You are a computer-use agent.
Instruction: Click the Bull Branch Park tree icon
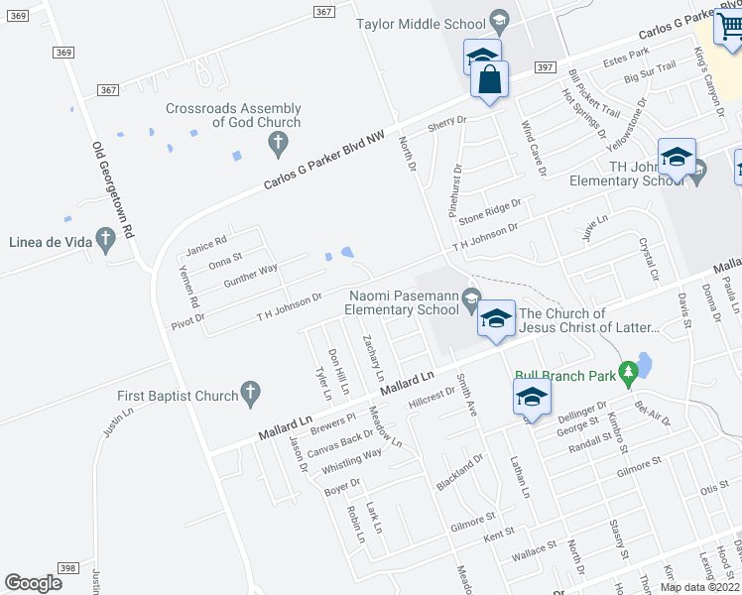(x=627, y=372)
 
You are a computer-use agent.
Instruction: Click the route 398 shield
(x=67, y=567)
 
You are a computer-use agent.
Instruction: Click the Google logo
(x=34, y=583)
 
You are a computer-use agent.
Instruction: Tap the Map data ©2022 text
(x=699, y=587)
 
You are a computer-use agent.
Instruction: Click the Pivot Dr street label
(x=186, y=320)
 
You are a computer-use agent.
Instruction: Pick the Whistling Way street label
(x=352, y=459)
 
